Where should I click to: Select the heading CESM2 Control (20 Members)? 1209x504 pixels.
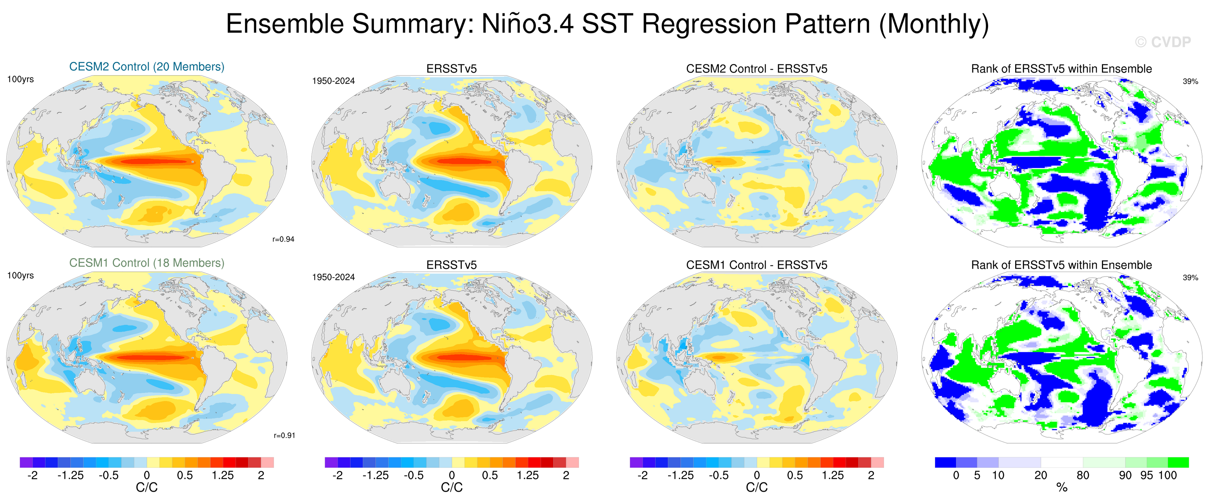[x=146, y=67]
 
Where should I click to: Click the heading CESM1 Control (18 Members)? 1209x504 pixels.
[x=146, y=263]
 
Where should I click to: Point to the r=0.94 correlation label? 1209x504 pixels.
[x=283, y=239]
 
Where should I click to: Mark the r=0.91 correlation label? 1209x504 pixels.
[x=285, y=435]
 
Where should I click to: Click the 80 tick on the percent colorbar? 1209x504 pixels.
[x=1082, y=475]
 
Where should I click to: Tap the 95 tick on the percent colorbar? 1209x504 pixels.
[x=1146, y=475]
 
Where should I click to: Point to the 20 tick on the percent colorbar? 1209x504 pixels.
[x=1041, y=475]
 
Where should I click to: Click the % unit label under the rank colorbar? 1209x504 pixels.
[x=1061, y=488]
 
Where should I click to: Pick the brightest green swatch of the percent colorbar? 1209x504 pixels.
[x=1178, y=462]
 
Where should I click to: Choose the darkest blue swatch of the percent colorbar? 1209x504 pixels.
[x=945, y=462]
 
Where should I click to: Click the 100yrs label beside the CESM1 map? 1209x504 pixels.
[x=20, y=276]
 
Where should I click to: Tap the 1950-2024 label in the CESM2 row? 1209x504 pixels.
[x=333, y=81]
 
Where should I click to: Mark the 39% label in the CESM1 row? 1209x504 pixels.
[x=1190, y=278]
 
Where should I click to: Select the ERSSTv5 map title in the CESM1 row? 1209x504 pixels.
[x=451, y=265]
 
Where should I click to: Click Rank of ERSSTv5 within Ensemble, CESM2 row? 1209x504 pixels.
[x=1061, y=69]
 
